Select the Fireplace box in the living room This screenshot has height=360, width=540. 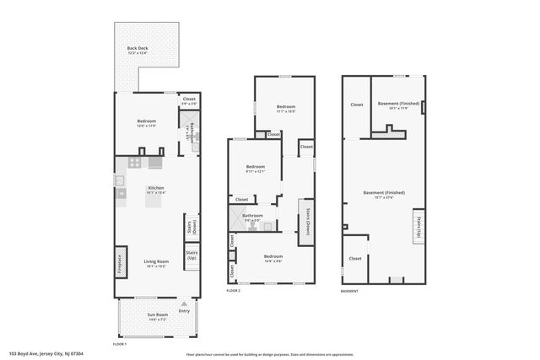(119, 262)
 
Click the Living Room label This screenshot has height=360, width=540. (156, 262)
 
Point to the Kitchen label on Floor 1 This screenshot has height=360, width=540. (156, 188)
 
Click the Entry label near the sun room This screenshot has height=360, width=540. (184, 311)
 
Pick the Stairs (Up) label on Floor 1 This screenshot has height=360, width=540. (192, 254)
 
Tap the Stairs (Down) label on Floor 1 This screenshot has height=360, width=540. (191, 226)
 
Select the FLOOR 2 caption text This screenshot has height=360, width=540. (234, 290)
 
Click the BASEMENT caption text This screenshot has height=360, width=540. (348, 291)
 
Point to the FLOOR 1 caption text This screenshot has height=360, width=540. (120, 344)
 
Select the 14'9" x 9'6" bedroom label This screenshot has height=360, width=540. (272, 257)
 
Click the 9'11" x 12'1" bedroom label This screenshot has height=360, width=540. (255, 168)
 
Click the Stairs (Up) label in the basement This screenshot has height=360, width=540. (417, 227)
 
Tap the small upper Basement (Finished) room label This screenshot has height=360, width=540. (393, 105)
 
